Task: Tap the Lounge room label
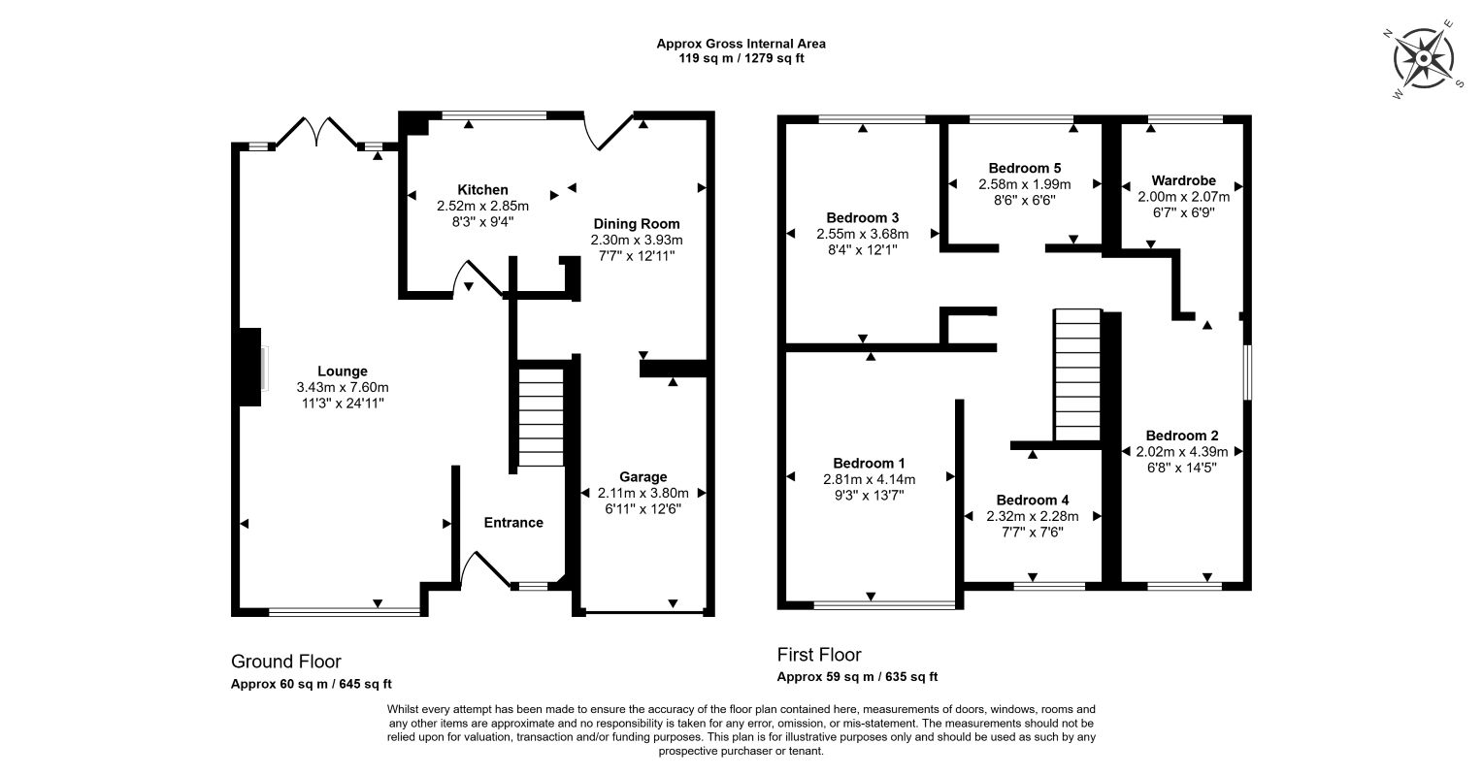[x=342, y=371]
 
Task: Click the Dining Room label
[x=637, y=224]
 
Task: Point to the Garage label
[x=643, y=476]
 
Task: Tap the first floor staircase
[x=1077, y=374]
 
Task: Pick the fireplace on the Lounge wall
[x=250, y=367]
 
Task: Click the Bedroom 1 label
[x=869, y=463]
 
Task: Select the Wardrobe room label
[x=1183, y=180]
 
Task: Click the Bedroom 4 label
[x=1032, y=500]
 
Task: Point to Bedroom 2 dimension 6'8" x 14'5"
[x=1181, y=467]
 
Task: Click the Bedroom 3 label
[x=863, y=217]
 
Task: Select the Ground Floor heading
[x=285, y=662]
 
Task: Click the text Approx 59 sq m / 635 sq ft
[x=857, y=677]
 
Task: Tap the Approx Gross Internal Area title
[x=741, y=43]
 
